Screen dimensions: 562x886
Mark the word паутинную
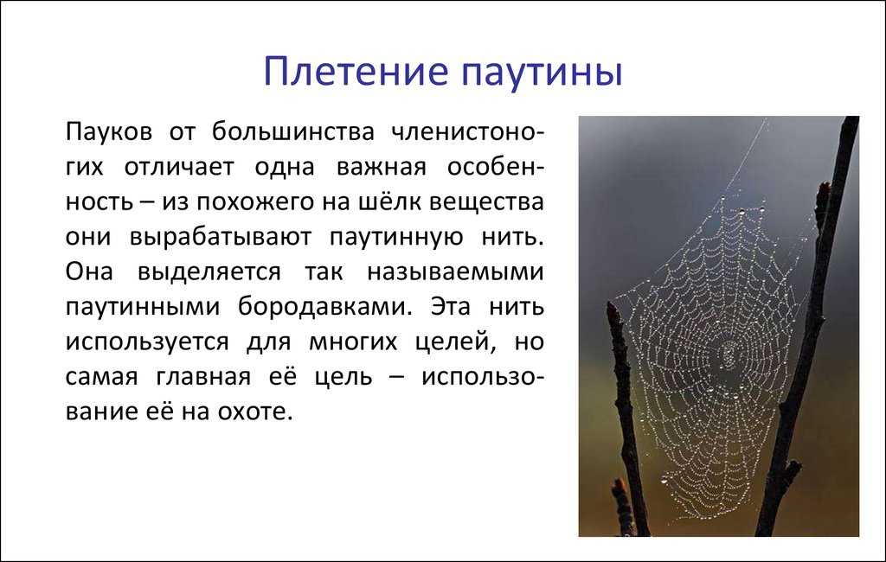click(x=407, y=237)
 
